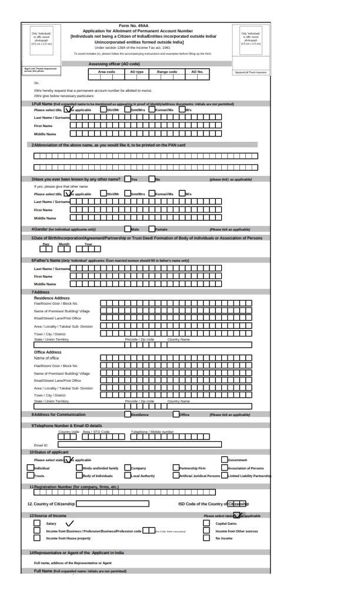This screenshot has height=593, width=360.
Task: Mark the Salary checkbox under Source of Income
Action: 38,522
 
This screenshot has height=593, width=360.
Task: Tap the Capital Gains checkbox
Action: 206,522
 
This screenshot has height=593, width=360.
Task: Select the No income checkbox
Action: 206,537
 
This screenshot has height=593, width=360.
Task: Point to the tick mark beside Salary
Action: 70,522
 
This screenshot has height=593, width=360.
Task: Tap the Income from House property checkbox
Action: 38,537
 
